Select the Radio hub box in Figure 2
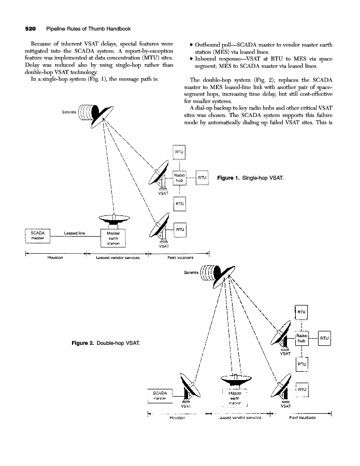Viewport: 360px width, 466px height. click(302, 338)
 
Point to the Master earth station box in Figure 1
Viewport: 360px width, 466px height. click(113, 238)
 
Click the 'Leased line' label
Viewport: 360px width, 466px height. click(74, 233)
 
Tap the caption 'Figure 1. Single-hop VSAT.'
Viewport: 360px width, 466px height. click(250, 178)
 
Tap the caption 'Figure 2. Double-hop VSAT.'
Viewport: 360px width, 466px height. click(108, 343)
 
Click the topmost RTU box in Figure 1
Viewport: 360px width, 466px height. click(180, 153)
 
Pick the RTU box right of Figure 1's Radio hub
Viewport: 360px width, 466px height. click(202, 178)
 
